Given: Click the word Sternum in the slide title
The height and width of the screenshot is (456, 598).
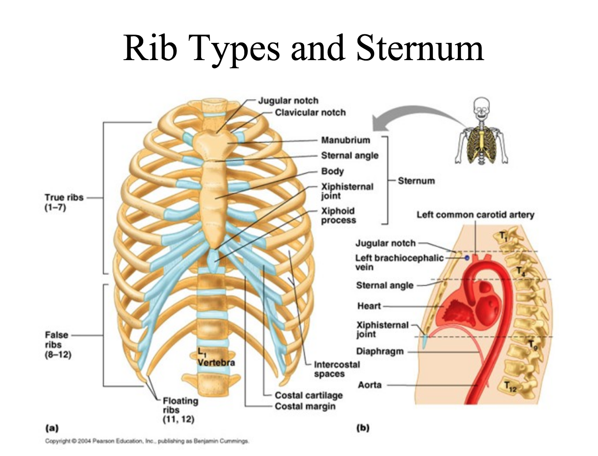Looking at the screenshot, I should click(x=420, y=48).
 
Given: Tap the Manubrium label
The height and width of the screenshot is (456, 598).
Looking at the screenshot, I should click(x=345, y=140).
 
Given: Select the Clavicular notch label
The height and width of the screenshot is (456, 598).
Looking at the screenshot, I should click(x=310, y=112).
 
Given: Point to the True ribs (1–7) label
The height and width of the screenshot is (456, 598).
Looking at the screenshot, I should click(x=64, y=202).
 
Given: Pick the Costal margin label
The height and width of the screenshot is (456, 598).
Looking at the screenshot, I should click(x=305, y=406).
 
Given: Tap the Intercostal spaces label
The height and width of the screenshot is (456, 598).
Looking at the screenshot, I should click(x=336, y=369).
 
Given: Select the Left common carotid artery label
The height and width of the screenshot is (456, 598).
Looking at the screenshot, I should click(x=475, y=215).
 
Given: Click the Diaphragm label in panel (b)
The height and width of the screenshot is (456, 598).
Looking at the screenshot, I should click(x=379, y=351).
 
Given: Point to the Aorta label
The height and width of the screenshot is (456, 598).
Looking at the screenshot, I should click(x=369, y=385).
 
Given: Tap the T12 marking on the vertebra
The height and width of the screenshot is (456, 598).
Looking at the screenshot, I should click(x=510, y=387).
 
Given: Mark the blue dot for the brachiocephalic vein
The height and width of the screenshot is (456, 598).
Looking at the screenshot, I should click(x=466, y=258).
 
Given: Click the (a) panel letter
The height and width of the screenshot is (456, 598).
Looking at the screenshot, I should click(x=52, y=428).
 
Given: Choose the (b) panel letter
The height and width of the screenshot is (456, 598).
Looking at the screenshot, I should click(x=363, y=428).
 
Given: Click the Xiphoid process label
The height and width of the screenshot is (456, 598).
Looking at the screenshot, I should click(x=338, y=216).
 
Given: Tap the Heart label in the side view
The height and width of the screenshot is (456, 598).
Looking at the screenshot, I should click(x=369, y=306).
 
